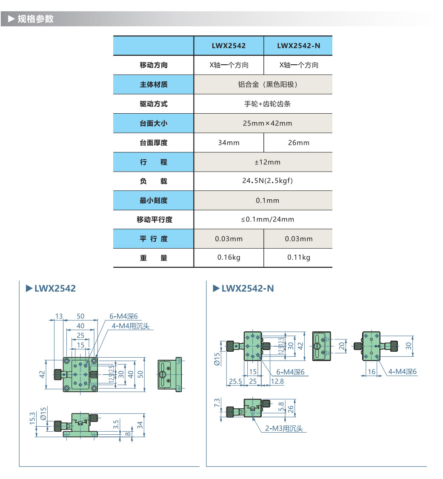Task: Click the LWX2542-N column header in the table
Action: (x=298, y=46)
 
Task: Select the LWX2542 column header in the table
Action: (x=229, y=46)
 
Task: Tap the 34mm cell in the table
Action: (x=229, y=143)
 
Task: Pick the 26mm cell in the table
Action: (x=298, y=143)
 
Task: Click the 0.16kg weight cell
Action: (x=229, y=258)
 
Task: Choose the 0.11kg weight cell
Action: (x=298, y=258)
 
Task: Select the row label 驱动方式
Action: (x=153, y=104)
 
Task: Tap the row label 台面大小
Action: (x=153, y=123)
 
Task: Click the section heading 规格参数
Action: (x=35, y=19)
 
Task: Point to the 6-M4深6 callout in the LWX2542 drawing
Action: (x=124, y=316)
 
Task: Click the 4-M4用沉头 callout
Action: (x=131, y=326)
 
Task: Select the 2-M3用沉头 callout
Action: (x=284, y=429)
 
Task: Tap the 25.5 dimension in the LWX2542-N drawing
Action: (x=235, y=382)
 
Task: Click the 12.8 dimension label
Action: (x=277, y=382)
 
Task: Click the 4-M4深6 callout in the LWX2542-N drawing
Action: (x=402, y=372)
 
